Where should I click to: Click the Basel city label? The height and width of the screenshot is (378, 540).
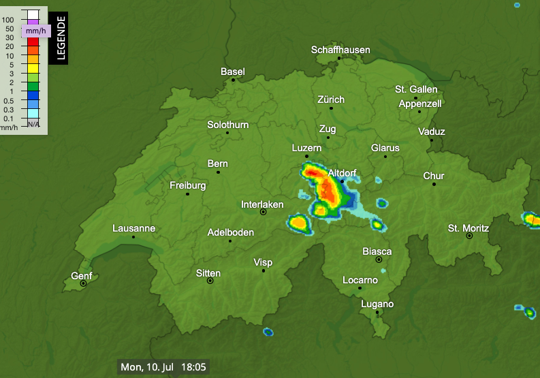pos(233,72)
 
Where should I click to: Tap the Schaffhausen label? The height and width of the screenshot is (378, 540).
pos(340,50)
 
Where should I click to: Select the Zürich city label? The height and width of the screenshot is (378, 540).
pos(331,99)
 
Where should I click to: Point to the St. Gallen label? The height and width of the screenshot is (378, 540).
pos(416,89)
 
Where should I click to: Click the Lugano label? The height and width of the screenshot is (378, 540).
pos(377,304)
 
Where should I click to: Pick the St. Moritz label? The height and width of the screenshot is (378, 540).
pos(468,227)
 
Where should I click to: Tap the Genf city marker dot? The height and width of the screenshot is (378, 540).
pos(83,283)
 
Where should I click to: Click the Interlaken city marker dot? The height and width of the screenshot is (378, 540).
pos(263,212)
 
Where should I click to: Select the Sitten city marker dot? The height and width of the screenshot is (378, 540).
pos(210,281)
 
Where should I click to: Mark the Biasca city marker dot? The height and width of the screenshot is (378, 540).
pos(379,259)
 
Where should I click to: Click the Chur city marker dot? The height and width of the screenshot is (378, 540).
pos(434,184)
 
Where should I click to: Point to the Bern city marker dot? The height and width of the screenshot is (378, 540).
pos(218,172)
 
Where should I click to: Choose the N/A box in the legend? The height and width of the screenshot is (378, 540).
pos(33,124)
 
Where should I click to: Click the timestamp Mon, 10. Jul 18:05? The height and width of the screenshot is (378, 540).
pos(163,367)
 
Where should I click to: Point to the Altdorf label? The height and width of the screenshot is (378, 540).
pos(342,174)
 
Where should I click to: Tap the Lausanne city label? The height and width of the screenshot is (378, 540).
pos(133,228)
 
